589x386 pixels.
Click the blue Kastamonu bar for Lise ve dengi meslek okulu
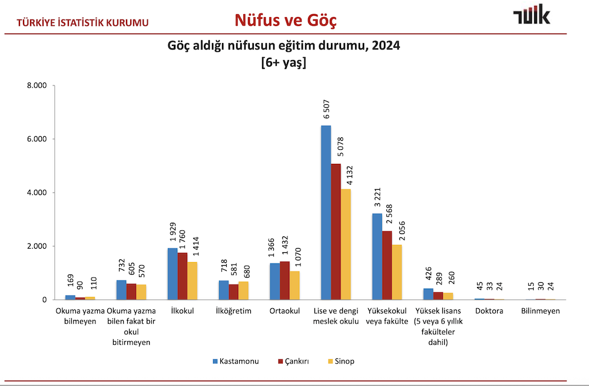pyautogui.click(x=326, y=212)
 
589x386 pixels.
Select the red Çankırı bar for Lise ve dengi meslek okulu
pyautogui.click(x=336, y=232)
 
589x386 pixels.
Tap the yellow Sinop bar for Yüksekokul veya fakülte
pyautogui.click(x=397, y=272)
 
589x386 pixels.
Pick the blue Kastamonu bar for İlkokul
pyautogui.click(x=173, y=273)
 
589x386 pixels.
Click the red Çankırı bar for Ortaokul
pyautogui.click(x=284, y=281)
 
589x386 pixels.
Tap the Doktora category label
pyautogui.click(x=489, y=311)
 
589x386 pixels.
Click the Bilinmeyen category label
pyautogui.click(x=540, y=311)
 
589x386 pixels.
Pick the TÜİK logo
pyautogui.click(x=532, y=15)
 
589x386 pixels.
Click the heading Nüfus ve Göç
pyautogui.click(x=286, y=21)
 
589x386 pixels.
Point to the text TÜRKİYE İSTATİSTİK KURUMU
pyautogui.click(x=83, y=23)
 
